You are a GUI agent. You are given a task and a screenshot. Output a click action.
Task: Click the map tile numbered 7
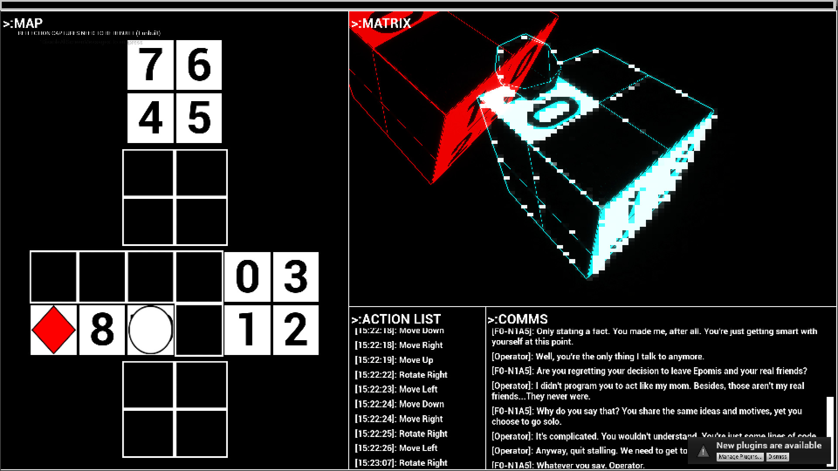coord(150,65)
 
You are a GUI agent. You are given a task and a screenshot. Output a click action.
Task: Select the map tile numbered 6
coord(199,65)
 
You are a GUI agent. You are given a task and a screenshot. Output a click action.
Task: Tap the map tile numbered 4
coord(150,118)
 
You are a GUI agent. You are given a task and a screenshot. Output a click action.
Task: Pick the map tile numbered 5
coord(199,118)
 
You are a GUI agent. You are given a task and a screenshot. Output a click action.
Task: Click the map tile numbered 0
coord(247,276)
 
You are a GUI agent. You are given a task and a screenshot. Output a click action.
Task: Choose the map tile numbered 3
coord(296,276)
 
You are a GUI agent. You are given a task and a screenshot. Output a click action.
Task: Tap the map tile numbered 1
coord(247,330)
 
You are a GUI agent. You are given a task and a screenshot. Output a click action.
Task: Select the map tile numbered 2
coord(296,330)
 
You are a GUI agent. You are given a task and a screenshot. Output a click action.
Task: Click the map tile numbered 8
coord(102,330)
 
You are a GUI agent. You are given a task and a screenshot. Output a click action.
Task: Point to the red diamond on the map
coord(53,330)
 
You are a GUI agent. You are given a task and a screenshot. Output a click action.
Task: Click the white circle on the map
coord(151,330)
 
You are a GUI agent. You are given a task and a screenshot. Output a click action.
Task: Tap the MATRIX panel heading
coord(381,23)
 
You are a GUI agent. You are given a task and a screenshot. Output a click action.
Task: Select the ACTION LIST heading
coord(396,319)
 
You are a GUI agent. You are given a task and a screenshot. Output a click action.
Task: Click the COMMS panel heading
coord(518,319)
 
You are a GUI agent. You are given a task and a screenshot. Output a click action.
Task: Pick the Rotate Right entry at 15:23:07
coord(401,463)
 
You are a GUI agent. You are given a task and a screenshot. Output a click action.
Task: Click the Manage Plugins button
coord(740,457)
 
